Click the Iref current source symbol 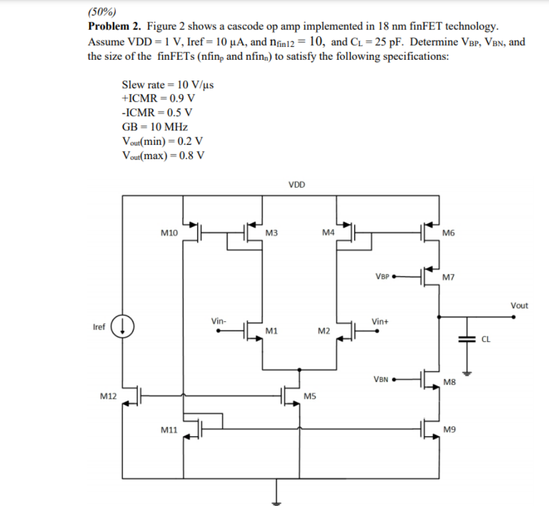[122, 326]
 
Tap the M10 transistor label [168, 233]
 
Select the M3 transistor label [271, 233]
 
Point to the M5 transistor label [309, 396]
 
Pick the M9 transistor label [448, 429]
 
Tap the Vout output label [518, 305]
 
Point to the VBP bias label [382, 275]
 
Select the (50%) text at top [99, 11]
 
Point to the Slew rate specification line [167, 85]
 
